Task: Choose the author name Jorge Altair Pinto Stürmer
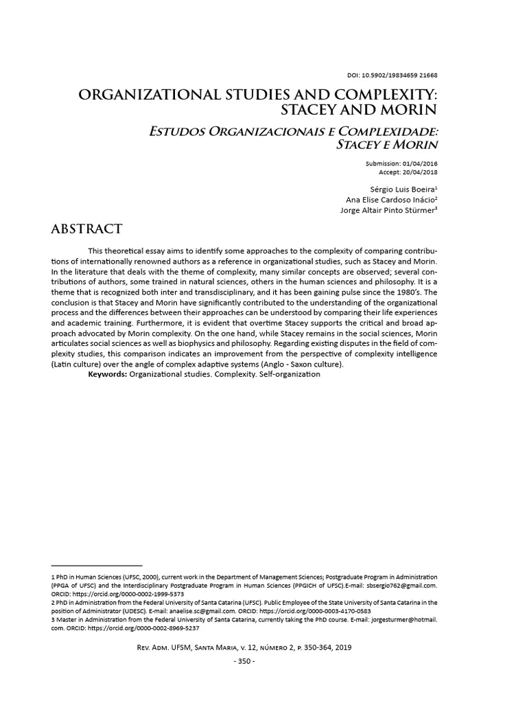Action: tap(387, 210)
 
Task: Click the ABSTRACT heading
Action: tap(86, 229)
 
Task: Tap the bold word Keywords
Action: tap(108, 374)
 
